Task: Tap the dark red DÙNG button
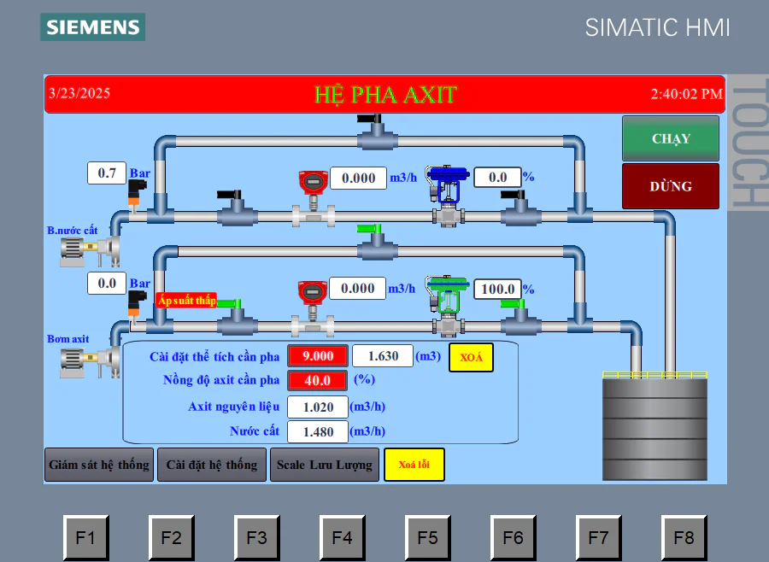671,186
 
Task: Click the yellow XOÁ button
471,357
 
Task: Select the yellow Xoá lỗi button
414,465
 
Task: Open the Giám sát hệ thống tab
99,465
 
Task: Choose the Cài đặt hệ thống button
212,465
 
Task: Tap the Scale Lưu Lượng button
325,465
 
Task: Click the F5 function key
427,538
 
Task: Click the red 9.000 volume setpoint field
318,356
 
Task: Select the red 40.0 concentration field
317,380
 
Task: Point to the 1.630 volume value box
383,356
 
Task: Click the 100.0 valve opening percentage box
497,289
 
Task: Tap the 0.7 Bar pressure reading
107,173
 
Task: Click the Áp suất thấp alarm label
187,300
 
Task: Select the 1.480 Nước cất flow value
318,431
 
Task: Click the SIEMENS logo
92,27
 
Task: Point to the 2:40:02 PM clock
686,94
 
